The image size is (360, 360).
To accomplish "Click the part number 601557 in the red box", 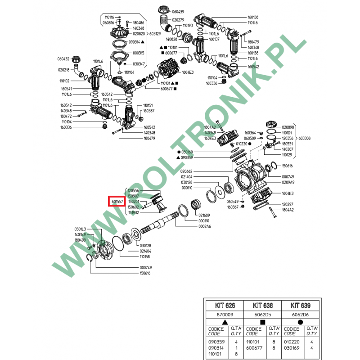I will click(117, 202).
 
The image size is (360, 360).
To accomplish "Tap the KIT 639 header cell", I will click(301, 305).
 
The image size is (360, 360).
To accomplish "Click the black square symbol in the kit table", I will click(262, 323).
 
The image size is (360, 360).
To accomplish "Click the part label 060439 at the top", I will click(177, 11).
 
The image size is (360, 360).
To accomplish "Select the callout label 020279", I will click(178, 20).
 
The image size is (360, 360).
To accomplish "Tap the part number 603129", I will click(155, 33).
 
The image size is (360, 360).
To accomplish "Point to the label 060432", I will click(63, 59).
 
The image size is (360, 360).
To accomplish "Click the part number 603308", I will click(304, 139).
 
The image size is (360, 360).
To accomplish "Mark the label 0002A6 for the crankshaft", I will click(205, 226).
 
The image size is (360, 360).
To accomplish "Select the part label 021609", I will click(205, 216).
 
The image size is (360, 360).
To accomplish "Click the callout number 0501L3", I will click(80, 229).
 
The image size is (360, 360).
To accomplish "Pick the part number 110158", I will click(145, 256).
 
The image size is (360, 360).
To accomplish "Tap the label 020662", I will click(186, 171).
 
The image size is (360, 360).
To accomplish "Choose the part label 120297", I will click(288, 204).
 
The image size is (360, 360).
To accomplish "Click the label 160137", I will click(214, 39).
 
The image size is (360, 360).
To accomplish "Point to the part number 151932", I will click(133, 212).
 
